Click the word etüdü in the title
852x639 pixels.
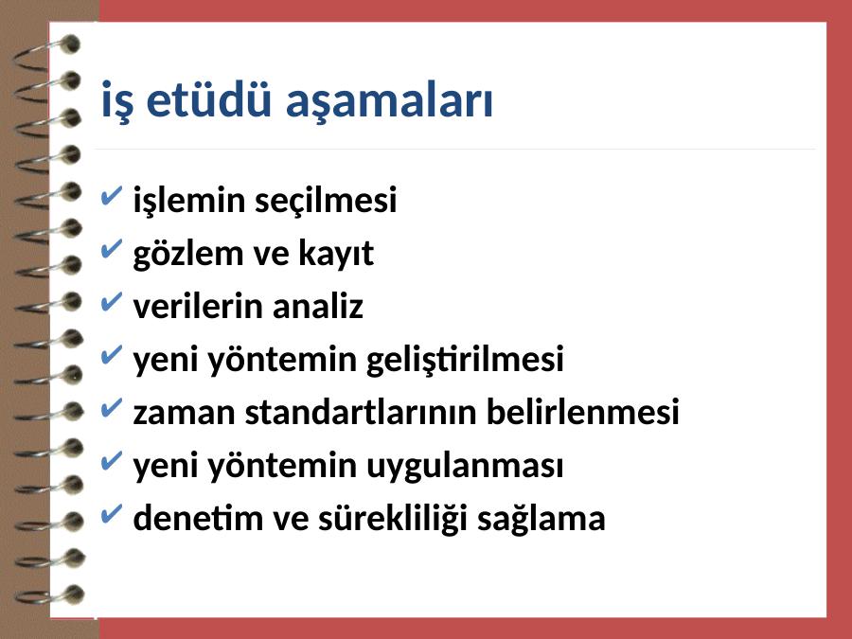[x=208, y=100]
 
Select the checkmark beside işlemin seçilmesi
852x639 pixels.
[x=112, y=196]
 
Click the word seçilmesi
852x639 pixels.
[x=326, y=200]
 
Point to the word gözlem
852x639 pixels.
[x=187, y=254]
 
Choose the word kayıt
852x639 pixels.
[x=336, y=254]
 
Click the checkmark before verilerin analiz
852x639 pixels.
[x=112, y=302]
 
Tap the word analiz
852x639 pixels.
[x=317, y=306]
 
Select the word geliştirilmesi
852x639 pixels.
[x=465, y=359]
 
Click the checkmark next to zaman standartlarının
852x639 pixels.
[x=112, y=407]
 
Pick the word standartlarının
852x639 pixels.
[x=360, y=412]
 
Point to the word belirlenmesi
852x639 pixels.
[x=582, y=412]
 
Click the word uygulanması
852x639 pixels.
[x=465, y=466]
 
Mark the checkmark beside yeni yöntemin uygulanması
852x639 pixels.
[x=112, y=461]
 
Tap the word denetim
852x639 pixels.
[x=197, y=517]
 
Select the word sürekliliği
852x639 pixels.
[x=392, y=519]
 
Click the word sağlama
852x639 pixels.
[x=541, y=519]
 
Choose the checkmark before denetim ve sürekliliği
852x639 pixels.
[x=112, y=513]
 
